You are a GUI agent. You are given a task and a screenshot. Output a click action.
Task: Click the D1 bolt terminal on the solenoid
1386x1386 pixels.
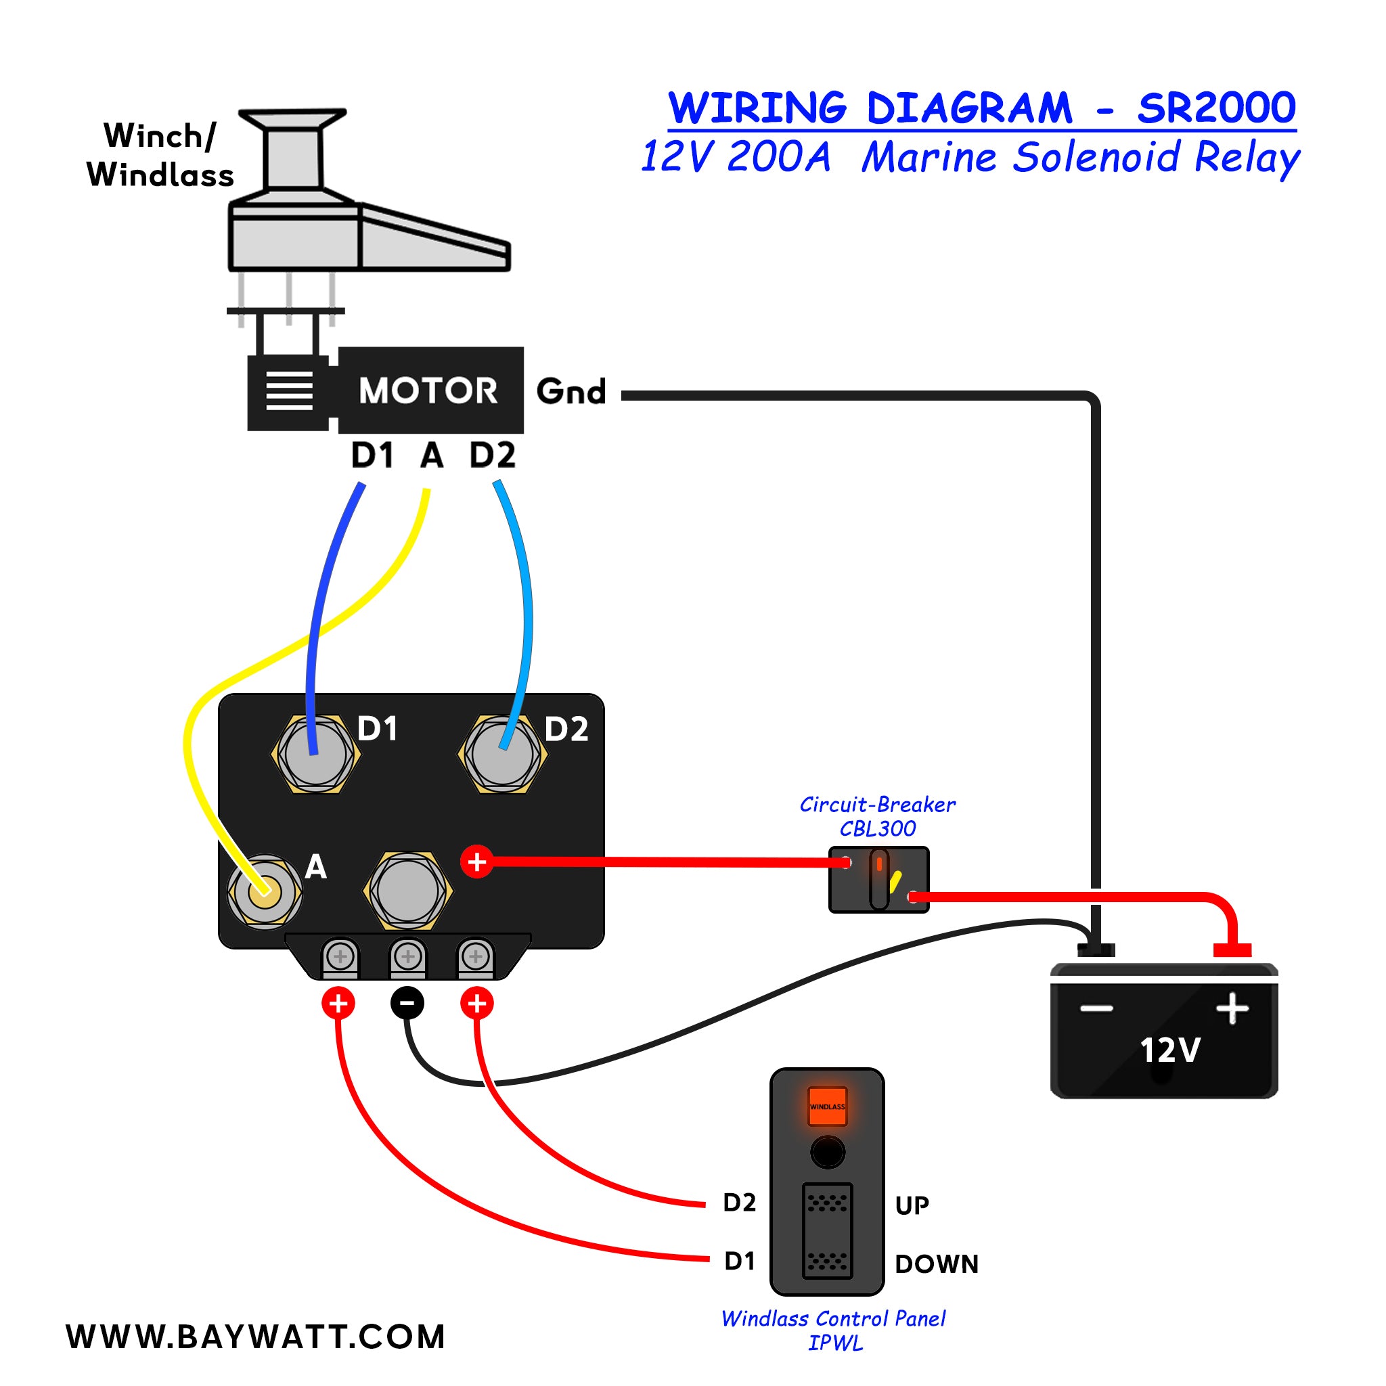click(x=315, y=755)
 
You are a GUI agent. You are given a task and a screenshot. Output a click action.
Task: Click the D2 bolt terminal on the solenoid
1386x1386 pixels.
click(x=502, y=755)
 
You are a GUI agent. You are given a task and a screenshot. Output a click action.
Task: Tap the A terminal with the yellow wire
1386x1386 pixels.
click(x=264, y=891)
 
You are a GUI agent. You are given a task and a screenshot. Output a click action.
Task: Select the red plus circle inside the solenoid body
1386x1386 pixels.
click(x=477, y=862)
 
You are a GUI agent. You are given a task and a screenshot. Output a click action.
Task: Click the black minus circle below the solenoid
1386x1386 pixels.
click(x=407, y=1002)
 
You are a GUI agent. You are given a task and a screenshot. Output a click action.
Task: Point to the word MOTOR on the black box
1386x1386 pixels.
click(x=428, y=391)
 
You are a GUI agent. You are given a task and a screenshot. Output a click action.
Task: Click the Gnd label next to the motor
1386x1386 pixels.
click(x=571, y=392)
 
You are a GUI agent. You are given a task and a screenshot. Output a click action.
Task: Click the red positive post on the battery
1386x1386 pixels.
click(x=1232, y=949)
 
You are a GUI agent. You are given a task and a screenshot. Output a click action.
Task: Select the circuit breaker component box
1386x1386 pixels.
click(x=879, y=880)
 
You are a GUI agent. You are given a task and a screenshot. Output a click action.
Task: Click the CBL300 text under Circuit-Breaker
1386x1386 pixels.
click(x=877, y=829)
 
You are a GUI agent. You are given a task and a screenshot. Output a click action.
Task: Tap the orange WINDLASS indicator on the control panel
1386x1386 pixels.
click(x=827, y=1106)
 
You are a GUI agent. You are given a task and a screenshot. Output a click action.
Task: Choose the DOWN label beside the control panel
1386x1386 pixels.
click(x=936, y=1264)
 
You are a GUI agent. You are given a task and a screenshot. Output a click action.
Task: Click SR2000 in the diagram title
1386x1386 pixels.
click(x=1216, y=108)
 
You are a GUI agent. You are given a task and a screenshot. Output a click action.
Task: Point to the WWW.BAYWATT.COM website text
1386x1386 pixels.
click(x=256, y=1337)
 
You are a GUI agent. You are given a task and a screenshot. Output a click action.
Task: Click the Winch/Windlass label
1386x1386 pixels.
click(x=159, y=156)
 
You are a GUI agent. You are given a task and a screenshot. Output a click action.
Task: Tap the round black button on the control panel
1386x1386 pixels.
click(x=827, y=1152)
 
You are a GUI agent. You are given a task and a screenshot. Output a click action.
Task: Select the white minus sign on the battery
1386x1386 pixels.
click(x=1097, y=1008)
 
